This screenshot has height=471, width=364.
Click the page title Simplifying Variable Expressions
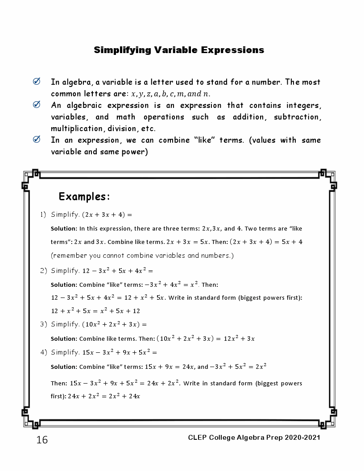179,50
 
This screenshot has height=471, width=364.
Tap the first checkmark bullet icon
37,81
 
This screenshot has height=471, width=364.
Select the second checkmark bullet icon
37,104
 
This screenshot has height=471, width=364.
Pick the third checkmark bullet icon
37,139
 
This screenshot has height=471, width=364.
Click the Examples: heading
84,197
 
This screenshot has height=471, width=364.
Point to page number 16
42,440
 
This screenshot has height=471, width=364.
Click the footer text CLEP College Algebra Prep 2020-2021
254,438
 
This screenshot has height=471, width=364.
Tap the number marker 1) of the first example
43,215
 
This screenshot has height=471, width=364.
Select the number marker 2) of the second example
43,271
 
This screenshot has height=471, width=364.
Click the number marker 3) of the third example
43,324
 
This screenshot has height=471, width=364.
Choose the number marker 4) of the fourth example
43,352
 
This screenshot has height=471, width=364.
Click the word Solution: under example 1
64,229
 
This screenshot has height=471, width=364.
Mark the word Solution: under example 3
64,339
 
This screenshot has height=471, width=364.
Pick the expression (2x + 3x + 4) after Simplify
103,215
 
